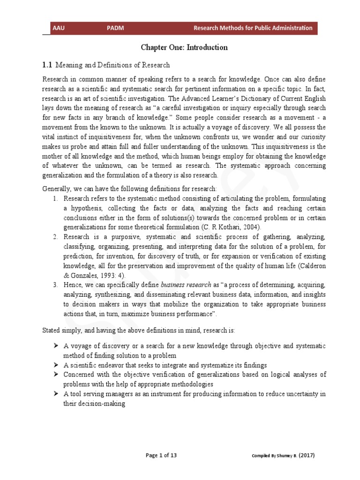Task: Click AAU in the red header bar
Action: (x=59, y=28)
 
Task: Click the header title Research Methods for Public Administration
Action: (x=253, y=28)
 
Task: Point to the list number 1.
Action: (x=55, y=199)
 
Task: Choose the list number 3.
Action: (x=55, y=285)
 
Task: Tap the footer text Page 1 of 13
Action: (x=161, y=455)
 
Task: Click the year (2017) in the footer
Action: (x=301, y=455)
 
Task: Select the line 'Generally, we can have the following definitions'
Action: (x=130, y=189)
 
